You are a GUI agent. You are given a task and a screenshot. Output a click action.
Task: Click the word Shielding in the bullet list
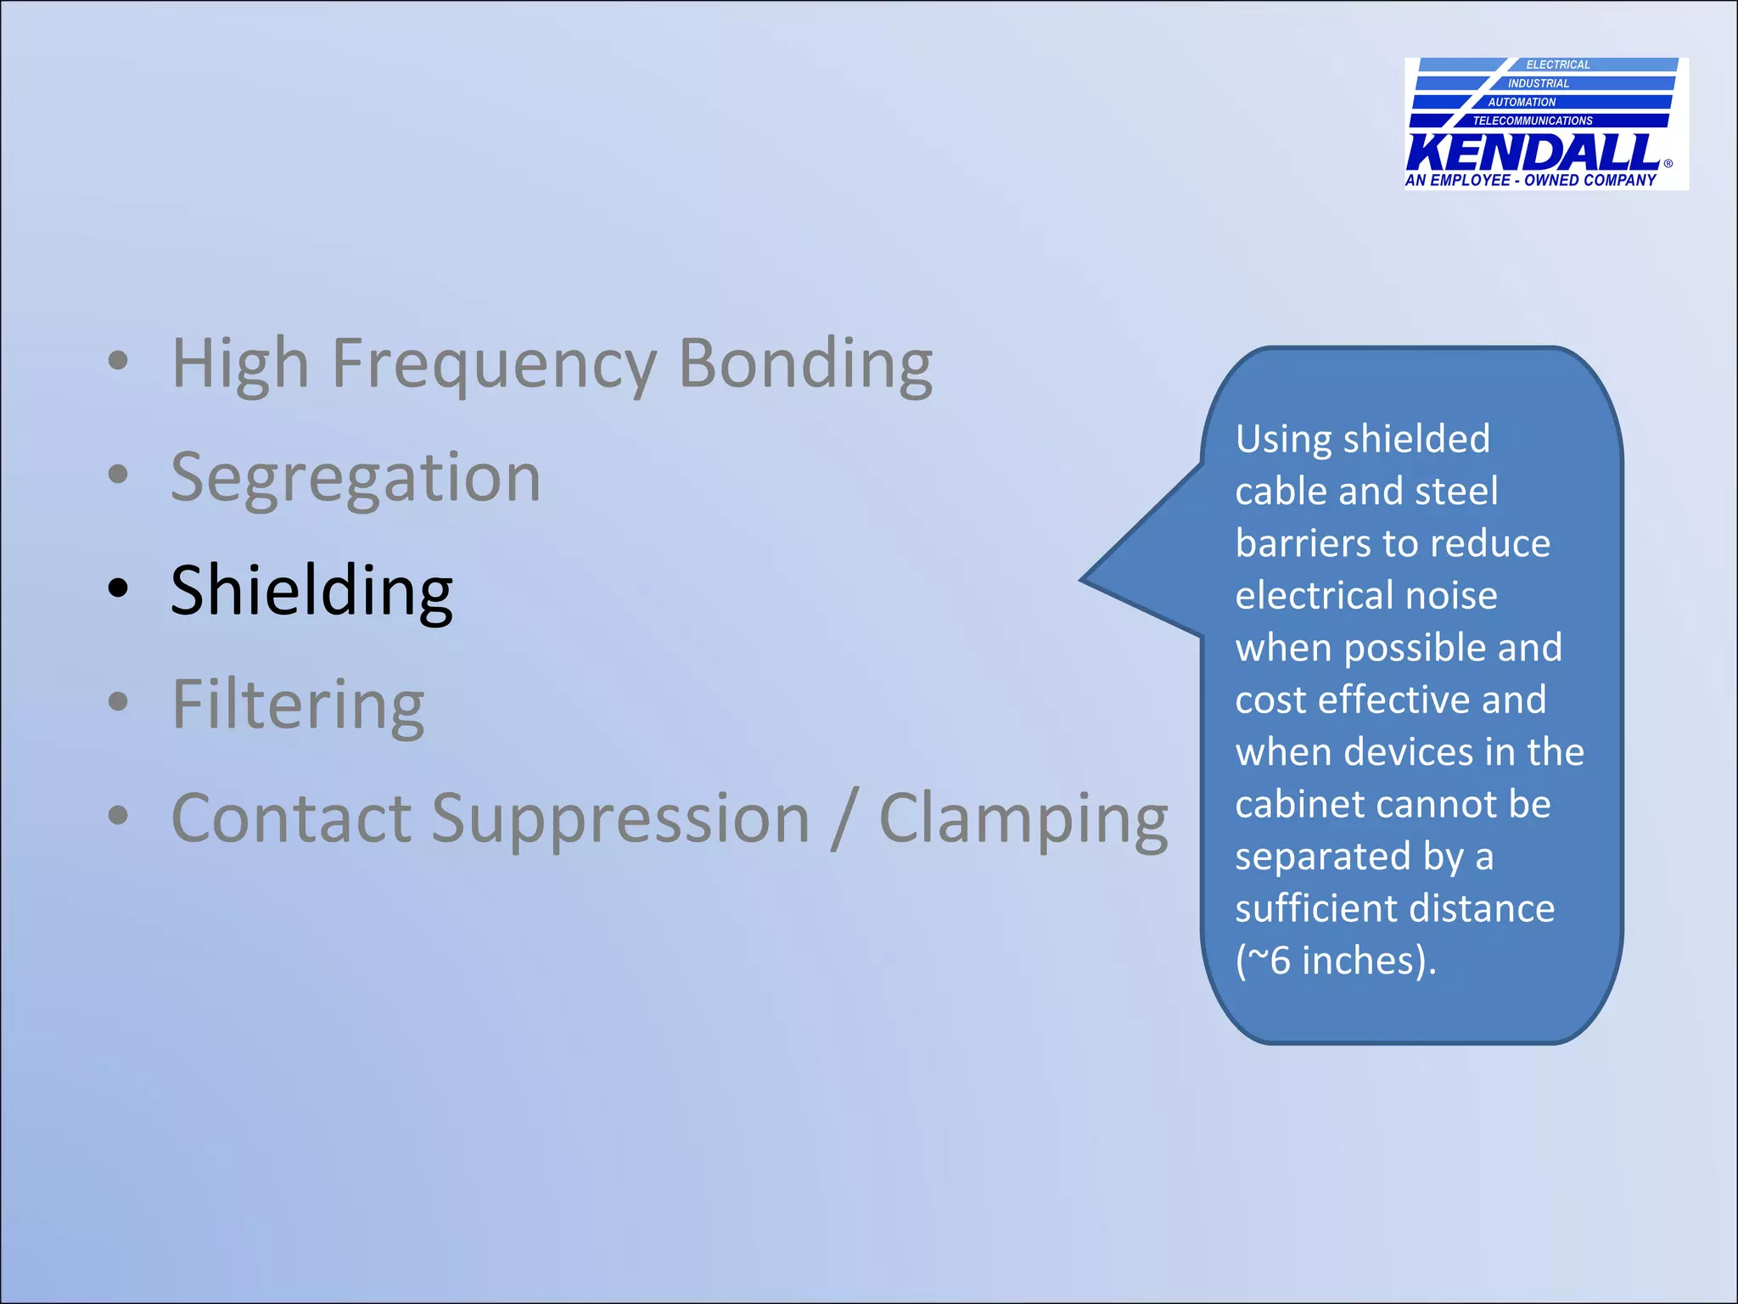(311, 592)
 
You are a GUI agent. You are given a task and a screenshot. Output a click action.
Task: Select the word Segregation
(356, 478)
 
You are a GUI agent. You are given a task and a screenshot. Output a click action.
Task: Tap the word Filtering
(298, 705)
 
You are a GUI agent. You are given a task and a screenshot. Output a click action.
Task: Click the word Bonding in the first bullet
(805, 364)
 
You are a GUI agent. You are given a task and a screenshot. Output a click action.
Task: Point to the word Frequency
(494, 364)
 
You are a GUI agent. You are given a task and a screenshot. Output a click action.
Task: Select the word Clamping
(1023, 819)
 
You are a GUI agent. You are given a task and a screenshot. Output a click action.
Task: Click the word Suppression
(620, 819)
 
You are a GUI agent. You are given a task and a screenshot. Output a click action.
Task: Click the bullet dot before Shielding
(118, 587)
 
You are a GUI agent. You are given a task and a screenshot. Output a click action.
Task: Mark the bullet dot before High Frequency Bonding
(118, 360)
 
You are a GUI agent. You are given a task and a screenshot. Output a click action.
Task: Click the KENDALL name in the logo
(1533, 154)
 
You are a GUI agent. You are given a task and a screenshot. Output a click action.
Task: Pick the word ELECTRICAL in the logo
(1557, 65)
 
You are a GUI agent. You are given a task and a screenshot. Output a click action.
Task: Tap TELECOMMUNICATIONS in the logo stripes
(1533, 121)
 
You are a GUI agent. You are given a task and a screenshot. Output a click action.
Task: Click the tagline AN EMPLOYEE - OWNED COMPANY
(1530, 180)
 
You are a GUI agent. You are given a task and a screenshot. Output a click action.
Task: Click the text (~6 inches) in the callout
(1336, 961)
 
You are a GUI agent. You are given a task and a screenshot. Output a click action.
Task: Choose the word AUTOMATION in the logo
(1522, 102)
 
